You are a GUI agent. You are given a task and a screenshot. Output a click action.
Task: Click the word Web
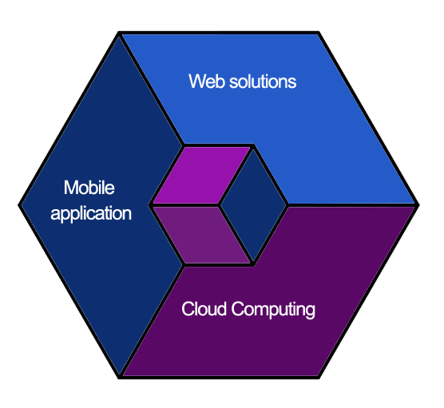pos(207,81)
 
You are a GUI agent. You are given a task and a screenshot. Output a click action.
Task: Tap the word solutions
pos(263,81)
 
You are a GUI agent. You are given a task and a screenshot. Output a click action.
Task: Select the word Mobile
pos(89,188)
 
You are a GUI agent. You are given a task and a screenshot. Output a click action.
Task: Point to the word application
pos(91,214)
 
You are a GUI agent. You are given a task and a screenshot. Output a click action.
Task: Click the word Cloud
pos(204,309)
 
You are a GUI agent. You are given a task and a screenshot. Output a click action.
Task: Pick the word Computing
pos(273,310)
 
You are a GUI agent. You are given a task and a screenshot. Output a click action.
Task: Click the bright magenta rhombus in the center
pos(201,175)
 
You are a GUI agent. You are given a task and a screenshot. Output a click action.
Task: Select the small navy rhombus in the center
pos(253,204)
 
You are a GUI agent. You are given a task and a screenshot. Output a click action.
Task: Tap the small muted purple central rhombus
pos(201,235)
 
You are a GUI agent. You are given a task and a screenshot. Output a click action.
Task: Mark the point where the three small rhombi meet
pos(219,204)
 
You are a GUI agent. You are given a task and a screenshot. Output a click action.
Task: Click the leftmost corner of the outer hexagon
pos(18,205)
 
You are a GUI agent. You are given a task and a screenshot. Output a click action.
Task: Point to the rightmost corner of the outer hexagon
pos(418,204)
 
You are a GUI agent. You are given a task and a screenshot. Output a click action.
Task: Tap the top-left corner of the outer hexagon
pos(119,32)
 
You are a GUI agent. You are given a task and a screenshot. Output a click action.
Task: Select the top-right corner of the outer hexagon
pos(319,32)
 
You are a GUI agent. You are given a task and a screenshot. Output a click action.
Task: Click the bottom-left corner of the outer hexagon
pos(119,378)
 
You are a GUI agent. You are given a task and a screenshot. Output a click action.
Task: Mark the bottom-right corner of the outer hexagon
pos(319,378)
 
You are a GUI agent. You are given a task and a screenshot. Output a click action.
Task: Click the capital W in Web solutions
pos(198,81)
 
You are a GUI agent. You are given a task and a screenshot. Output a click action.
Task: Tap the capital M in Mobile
pos(71,188)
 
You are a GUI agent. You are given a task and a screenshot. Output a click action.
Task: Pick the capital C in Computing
pos(239,309)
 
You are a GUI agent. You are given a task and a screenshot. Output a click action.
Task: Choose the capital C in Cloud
pos(188,309)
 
